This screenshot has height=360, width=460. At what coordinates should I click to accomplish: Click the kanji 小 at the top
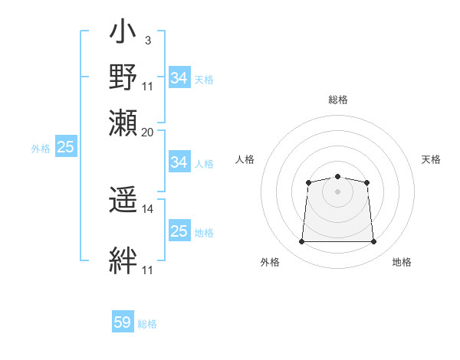[123, 34]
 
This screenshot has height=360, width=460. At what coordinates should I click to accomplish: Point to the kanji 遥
[123, 202]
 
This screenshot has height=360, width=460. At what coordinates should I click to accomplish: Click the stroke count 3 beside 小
[147, 40]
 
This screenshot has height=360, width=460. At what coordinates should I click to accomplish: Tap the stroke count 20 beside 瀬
[148, 132]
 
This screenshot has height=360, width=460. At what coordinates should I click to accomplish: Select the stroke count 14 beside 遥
[148, 208]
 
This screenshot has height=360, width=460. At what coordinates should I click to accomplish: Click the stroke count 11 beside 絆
[148, 270]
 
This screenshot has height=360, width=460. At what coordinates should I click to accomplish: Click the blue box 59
[123, 322]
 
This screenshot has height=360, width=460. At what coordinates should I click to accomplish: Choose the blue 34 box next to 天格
[179, 78]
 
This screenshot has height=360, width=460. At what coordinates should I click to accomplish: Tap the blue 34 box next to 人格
[179, 162]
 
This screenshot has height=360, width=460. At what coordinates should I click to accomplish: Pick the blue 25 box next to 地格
[179, 231]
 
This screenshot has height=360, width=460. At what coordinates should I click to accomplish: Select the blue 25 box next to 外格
[65, 147]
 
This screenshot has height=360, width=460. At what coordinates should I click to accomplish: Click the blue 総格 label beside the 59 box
[147, 323]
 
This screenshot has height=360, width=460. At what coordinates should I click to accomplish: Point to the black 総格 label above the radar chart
[337, 100]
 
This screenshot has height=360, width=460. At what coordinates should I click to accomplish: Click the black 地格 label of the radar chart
[402, 262]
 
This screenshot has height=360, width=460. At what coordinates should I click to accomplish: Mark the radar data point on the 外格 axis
[301, 242]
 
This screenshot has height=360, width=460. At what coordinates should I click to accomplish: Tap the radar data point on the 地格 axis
[374, 242]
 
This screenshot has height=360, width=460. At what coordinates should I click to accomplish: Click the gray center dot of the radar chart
[337, 191]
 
